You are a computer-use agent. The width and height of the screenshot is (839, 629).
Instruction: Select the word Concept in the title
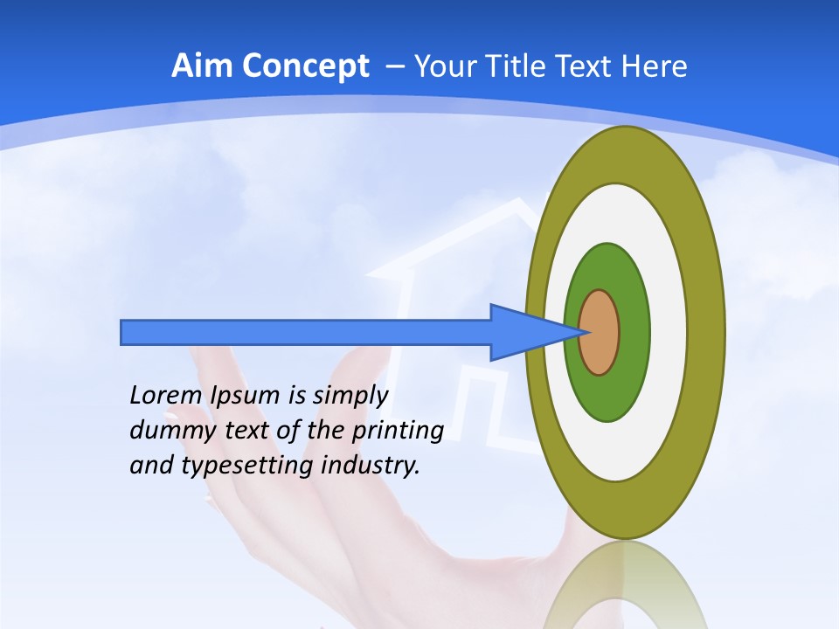click(x=305, y=66)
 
